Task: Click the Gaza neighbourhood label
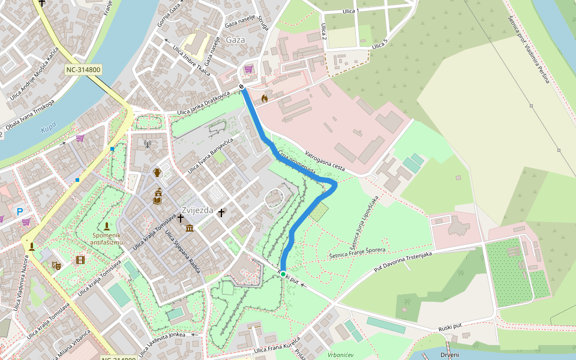pyautogui.click(x=236, y=40)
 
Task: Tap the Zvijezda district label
pyautogui.click(x=197, y=211)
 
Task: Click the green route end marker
pyautogui.click(x=283, y=274)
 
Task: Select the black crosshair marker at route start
pyautogui.click(x=242, y=87)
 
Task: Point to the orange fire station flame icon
pyautogui.click(x=264, y=98)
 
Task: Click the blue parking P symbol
pyautogui.click(x=20, y=211)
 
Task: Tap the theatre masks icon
pyautogui.click(x=57, y=265)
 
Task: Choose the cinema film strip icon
pyautogui.click(x=80, y=260)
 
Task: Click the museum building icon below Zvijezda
pyautogui.click(x=190, y=228)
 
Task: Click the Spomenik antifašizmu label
pyautogui.click(x=107, y=238)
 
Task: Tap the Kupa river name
pyautogui.click(x=48, y=129)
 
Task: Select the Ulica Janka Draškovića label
pyautogui.click(x=204, y=104)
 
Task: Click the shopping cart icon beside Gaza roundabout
pyautogui.click(x=248, y=70)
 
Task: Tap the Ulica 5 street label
pyautogui.click(x=380, y=44)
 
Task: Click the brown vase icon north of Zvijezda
pyautogui.click(x=157, y=173)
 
